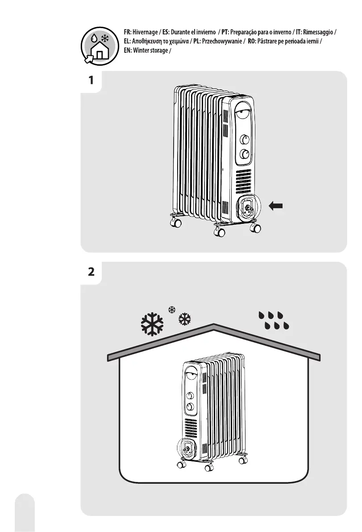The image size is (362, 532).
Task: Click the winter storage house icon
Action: pos(98,46)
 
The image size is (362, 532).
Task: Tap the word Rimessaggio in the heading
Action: pos(317,33)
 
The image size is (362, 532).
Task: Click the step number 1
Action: pos(91,81)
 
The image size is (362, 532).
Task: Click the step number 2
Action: pos(91,272)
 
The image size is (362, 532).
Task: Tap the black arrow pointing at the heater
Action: pos(276,205)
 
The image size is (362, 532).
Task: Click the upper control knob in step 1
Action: pos(245,139)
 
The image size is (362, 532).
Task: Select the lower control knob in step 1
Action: pos(245,155)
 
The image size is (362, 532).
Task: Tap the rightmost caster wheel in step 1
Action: pos(256,228)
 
